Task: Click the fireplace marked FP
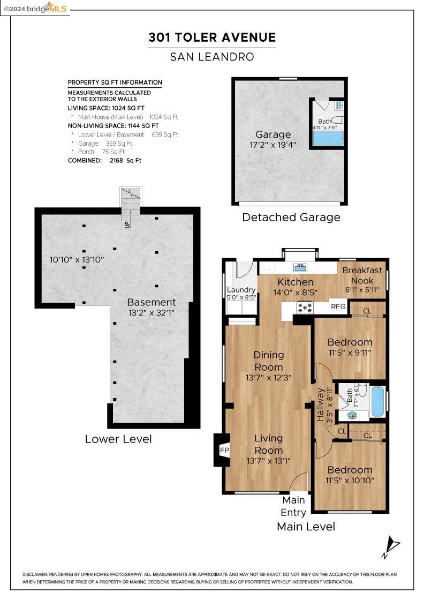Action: click(223, 450)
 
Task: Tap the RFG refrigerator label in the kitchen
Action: click(338, 307)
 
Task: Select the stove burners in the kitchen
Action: click(305, 307)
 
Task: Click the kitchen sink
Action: click(300, 267)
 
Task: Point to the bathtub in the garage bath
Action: click(328, 138)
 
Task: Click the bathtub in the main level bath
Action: click(377, 401)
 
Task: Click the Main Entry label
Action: click(293, 506)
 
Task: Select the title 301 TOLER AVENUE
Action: click(212, 37)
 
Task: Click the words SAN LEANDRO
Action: click(212, 57)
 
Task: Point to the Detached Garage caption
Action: click(291, 217)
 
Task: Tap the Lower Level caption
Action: click(118, 439)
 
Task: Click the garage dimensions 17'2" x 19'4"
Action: click(273, 145)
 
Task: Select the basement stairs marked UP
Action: click(131, 206)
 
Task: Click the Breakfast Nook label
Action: click(362, 275)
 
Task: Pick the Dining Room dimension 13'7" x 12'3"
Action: click(269, 378)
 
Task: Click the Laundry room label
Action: click(241, 290)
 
